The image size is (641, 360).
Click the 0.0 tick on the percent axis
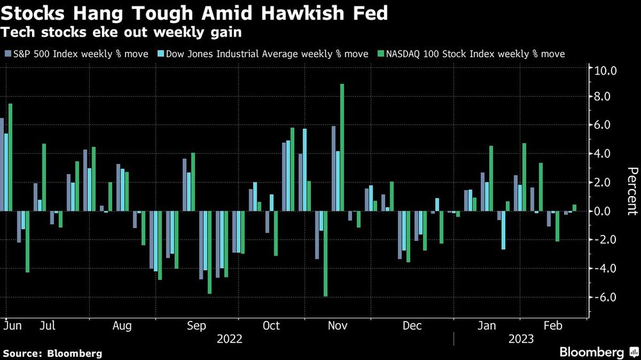click(606, 211)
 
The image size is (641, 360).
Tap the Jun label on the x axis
click(12, 325)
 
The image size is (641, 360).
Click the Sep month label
click(196, 325)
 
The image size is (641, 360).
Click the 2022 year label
click(230, 339)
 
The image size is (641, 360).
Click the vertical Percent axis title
click(631, 190)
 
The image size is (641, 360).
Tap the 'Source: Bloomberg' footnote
click(53, 353)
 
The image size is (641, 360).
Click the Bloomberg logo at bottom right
click(597, 352)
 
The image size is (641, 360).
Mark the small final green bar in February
click(574, 208)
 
